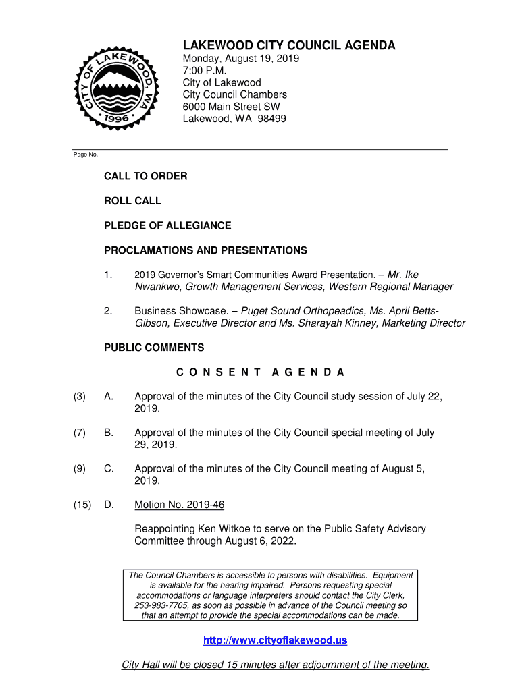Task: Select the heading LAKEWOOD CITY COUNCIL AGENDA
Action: (x=289, y=46)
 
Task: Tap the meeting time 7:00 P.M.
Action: (x=205, y=71)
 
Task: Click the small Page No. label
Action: (x=86, y=155)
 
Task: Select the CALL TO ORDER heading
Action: (x=145, y=176)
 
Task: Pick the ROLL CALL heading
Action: (x=132, y=201)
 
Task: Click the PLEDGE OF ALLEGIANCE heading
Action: (x=167, y=225)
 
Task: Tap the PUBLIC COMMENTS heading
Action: (x=154, y=348)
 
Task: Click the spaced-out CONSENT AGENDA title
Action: (x=260, y=372)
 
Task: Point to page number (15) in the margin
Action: (x=82, y=505)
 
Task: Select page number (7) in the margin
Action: (x=80, y=433)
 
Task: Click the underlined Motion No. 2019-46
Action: (x=180, y=505)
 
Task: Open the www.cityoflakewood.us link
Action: (x=276, y=640)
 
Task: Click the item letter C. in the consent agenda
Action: (x=109, y=468)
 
